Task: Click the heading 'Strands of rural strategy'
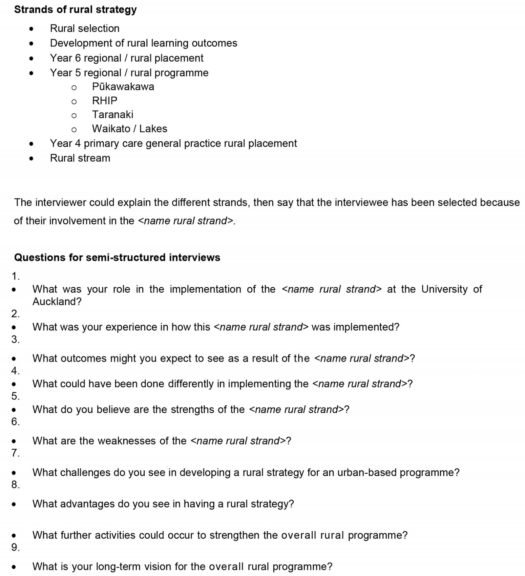[x=75, y=10]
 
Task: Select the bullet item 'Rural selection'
[x=84, y=29]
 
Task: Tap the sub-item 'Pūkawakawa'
[x=123, y=87]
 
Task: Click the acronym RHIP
[x=104, y=101]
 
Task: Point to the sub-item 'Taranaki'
[x=113, y=114]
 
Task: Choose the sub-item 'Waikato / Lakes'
[x=129, y=129]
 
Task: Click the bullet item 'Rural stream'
[x=80, y=158]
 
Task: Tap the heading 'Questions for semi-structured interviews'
[x=117, y=257]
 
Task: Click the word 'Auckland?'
[x=57, y=301]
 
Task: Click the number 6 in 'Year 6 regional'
[x=78, y=58]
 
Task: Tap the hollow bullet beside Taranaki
[x=74, y=115]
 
